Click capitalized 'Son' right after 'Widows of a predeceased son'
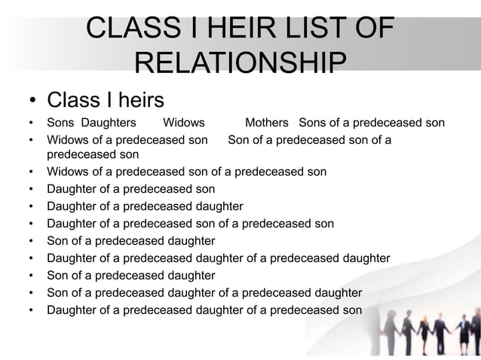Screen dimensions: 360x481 coord(239,139)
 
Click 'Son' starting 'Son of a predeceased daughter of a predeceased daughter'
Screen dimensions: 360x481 coord(58,292)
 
